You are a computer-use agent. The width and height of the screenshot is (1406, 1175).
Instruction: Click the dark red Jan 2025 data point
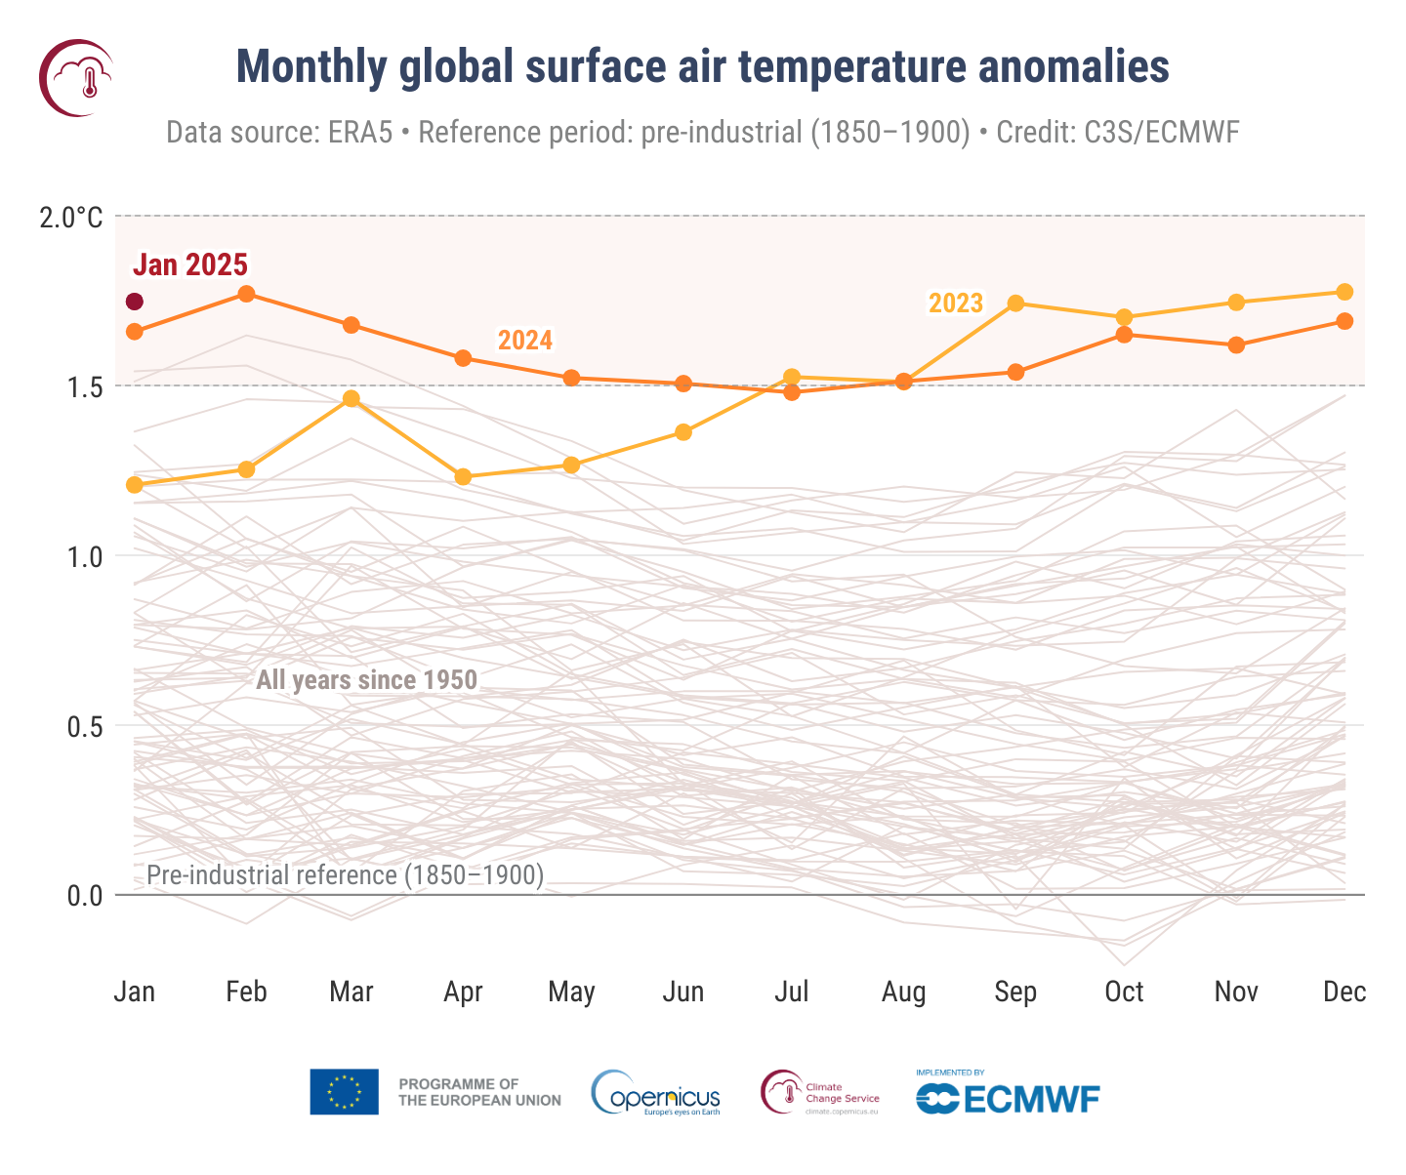135,302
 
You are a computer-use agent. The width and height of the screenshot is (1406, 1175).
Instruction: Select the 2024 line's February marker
246,294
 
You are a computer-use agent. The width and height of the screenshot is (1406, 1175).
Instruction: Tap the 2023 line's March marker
351,398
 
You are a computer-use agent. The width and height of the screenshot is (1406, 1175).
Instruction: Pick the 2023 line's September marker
1015,304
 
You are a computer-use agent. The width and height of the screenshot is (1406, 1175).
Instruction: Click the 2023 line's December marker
1344,292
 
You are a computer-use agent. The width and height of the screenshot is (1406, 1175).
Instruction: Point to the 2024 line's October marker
1124,335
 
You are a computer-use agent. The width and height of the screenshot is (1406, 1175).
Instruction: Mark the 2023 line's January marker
135,485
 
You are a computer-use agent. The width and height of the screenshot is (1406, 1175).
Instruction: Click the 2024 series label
525,341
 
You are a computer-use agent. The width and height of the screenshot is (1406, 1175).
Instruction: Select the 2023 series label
955,304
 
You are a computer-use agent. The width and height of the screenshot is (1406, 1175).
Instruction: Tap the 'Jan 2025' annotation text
189,264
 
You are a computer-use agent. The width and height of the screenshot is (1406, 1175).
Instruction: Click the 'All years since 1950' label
366,680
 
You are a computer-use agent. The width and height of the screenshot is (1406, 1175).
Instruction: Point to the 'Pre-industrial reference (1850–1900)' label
345,875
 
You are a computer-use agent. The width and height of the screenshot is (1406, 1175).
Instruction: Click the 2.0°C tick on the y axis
70,217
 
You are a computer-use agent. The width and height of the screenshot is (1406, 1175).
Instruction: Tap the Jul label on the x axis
791,993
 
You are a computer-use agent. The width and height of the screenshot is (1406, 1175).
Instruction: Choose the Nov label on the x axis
1235,993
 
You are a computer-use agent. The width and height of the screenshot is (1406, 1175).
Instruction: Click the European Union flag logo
344,1091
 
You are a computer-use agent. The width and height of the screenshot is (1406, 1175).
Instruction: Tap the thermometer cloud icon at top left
76,77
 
